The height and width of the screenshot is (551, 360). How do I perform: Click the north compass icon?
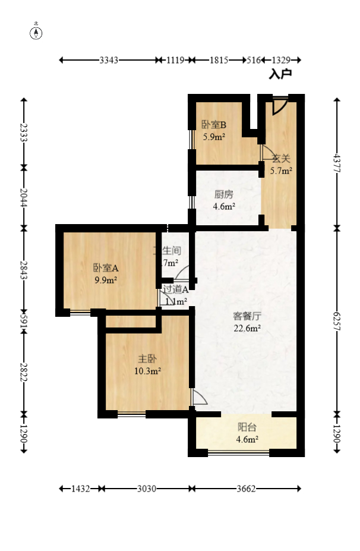pos(37,33)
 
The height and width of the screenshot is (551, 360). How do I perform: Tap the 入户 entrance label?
pos(280,74)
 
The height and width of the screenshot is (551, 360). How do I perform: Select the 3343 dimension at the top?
pos(109,60)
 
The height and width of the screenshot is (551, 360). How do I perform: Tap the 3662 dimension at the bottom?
pos(245,489)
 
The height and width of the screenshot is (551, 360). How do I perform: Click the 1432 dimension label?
pos(80,489)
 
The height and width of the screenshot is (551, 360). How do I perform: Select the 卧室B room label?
pos(214,125)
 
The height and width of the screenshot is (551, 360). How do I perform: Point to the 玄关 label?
pos(281,159)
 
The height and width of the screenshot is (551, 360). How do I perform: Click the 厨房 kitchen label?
pos(224,194)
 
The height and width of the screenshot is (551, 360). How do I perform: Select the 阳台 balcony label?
pos(247,427)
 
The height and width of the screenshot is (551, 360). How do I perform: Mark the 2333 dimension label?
pos(23,132)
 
